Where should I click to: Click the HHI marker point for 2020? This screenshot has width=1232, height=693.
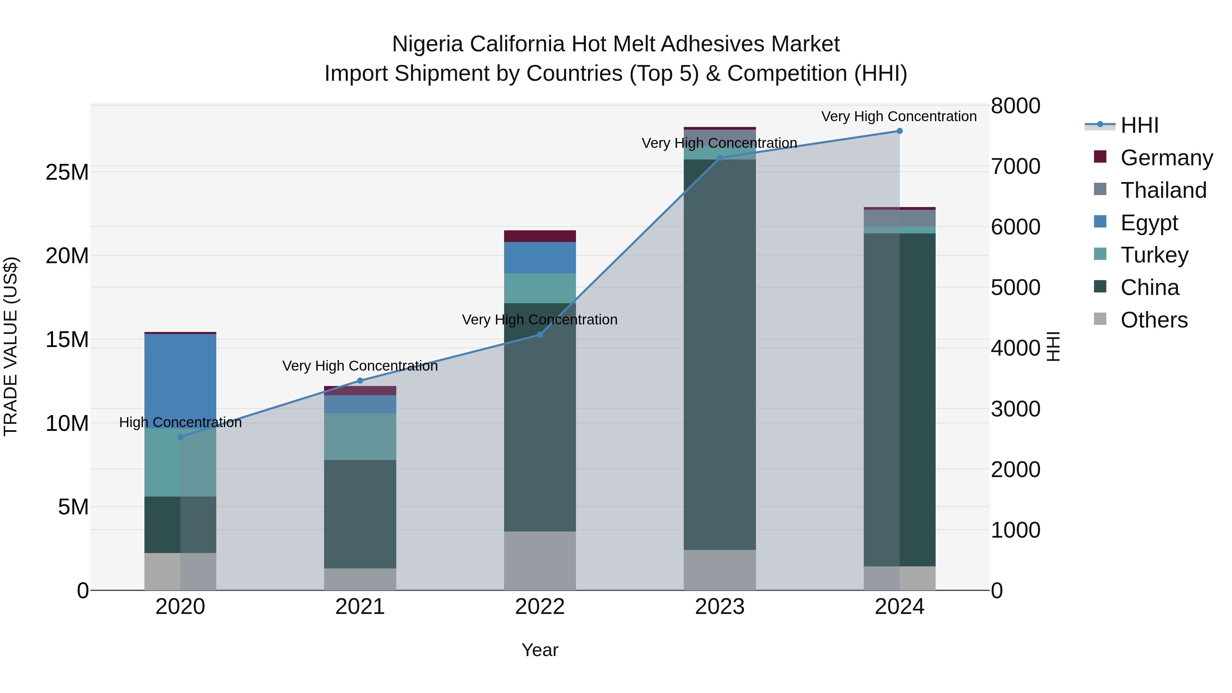pos(180,437)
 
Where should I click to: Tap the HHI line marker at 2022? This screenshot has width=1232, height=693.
pos(540,335)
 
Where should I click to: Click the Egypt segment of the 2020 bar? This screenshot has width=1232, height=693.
pos(180,380)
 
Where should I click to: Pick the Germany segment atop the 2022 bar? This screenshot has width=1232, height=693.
pos(540,236)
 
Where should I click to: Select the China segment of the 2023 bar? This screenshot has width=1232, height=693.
pos(720,354)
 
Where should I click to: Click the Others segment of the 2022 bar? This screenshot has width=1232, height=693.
pos(540,561)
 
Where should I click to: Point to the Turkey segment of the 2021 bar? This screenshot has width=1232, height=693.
pos(360,436)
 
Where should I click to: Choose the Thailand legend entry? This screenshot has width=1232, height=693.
pos(1163,190)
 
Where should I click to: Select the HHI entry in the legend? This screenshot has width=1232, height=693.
pos(1139,125)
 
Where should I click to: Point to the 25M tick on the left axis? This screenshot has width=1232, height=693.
pos(67,172)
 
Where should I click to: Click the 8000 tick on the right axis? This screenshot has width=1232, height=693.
pos(1015,106)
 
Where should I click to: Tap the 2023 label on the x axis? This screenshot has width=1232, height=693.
pos(720,607)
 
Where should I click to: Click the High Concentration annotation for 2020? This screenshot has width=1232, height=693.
pos(180,422)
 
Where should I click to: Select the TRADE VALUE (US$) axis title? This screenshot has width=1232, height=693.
pos(11,346)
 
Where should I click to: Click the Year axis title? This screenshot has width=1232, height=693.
pos(540,650)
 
